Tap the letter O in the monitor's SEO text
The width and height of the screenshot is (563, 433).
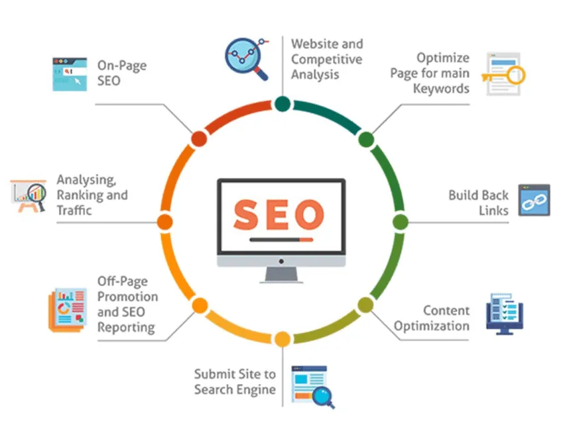click(307, 215)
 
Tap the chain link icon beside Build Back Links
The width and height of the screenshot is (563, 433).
click(534, 200)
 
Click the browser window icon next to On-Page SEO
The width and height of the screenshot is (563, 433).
click(70, 74)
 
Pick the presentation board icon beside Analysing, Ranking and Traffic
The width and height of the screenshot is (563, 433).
click(29, 196)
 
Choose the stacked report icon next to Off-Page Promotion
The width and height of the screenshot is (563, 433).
click(68, 310)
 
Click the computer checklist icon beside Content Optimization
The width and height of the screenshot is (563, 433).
click(505, 314)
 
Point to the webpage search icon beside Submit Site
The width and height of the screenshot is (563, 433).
click(313, 387)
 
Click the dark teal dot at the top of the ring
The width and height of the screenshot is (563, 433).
click(282, 103)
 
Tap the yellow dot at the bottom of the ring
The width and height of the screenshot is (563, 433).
click(282, 339)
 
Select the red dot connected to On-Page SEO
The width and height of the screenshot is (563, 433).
click(199, 139)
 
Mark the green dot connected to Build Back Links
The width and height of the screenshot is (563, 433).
click(401, 222)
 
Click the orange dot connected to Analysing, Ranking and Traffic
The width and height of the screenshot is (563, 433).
click(165, 222)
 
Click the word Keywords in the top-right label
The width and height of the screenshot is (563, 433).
click(441, 89)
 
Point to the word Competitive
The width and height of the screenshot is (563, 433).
click(326, 60)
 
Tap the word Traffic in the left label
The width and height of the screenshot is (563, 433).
click(74, 210)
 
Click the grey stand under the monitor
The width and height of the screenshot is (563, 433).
click(281, 275)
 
